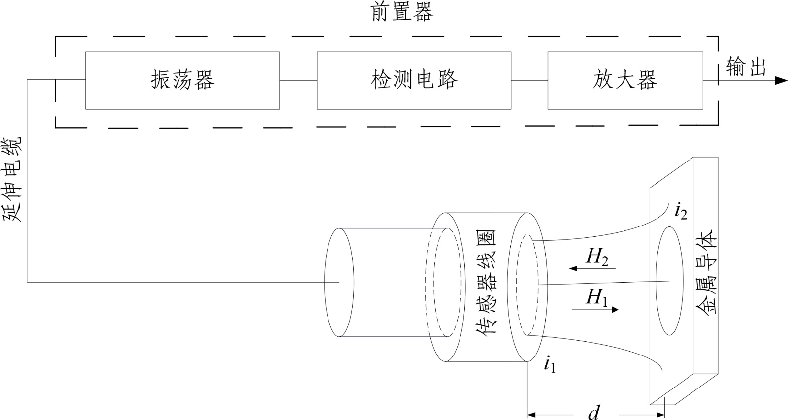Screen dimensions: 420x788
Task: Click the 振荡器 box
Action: [182, 80]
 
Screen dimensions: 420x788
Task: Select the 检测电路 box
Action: [414, 80]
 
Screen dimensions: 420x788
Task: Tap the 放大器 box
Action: [624, 80]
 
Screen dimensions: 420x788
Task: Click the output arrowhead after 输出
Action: [781, 81]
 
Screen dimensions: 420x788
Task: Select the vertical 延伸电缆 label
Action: [14, 180]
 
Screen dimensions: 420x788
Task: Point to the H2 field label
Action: [597, 257]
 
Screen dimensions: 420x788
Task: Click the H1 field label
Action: [596, 297]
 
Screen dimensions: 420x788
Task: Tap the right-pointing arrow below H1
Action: [595, 310]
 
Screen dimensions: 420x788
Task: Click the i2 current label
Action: [680, 212]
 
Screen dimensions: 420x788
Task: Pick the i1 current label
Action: [550, 365]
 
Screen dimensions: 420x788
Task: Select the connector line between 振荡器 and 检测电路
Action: [298, 80]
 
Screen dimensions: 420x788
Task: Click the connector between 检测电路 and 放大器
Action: [529, 80]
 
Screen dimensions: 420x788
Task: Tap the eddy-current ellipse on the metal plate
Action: [669, 281]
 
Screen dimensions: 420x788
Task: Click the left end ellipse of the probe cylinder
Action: [339, 282]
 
